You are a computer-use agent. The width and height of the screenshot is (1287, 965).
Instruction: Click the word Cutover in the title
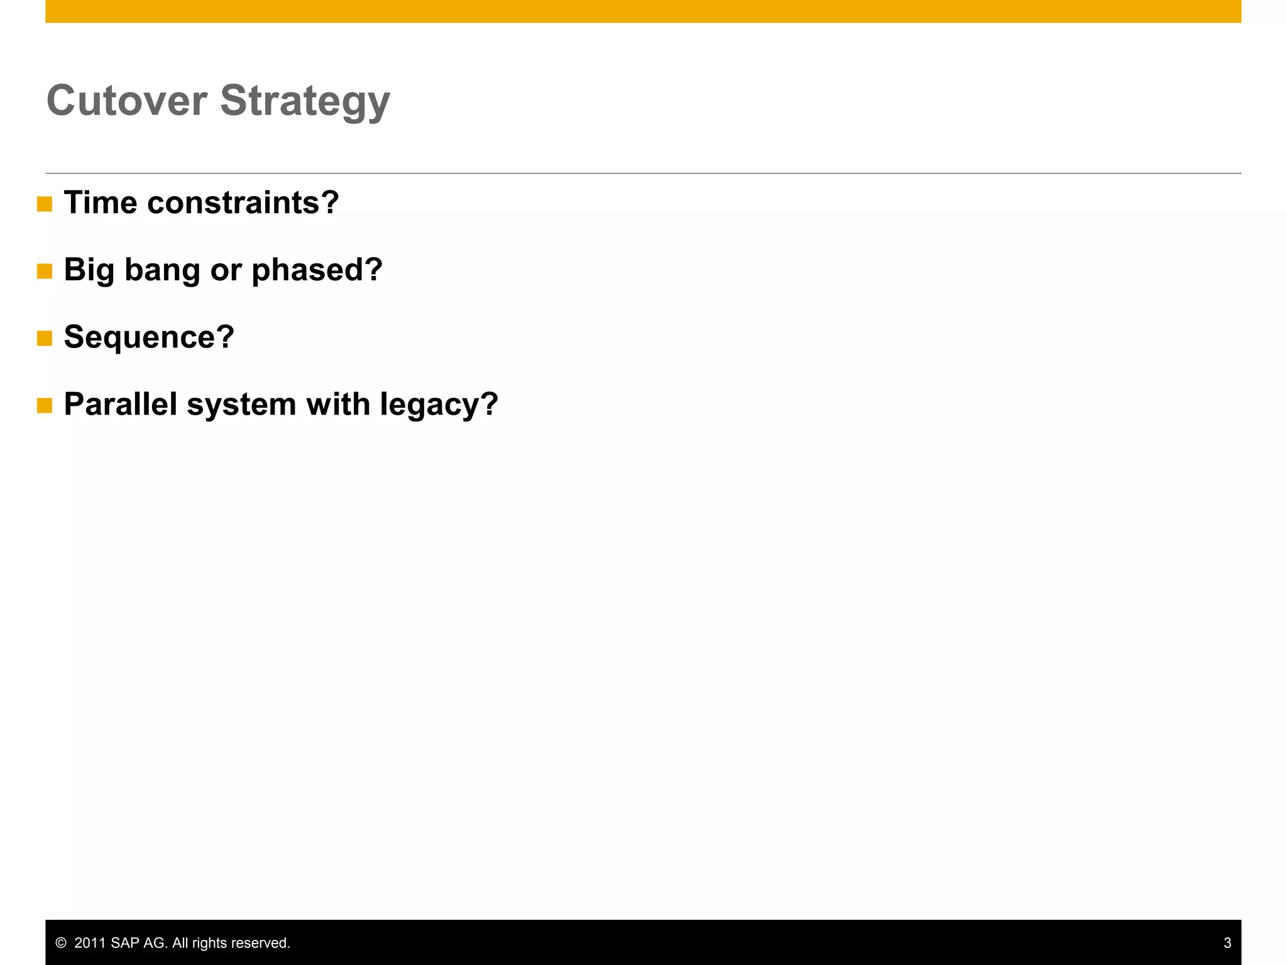pyautogui.click(x=127, y=101)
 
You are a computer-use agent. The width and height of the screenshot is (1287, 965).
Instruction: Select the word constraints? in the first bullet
pyautogui.click(x=243, y=203)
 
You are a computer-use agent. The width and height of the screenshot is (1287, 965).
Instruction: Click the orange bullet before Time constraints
pyautogui.click(x=45, y=204)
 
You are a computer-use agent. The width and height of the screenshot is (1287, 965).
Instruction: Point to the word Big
pyautogui.click(x=89, y=271)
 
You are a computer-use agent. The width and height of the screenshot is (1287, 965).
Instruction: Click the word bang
pyautogui.click(x=162, y=271)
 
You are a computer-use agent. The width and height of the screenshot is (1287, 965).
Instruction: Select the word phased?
pyautogui.click(x=317, y=271)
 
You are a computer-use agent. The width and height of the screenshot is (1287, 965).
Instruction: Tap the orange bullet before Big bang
pyautogui.click(x=45, y=271)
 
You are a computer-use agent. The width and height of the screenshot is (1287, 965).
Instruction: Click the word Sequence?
pyautogui.click(x=149, y=337)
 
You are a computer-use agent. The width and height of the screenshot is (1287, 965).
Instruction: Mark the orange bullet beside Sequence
pyautogui.click(x=45, y=339)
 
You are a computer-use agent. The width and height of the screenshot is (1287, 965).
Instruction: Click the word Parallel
pyautogui.click(x=121, y=404)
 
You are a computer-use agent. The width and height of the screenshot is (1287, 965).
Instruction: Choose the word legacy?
pyautogui.click(x=439, y=405)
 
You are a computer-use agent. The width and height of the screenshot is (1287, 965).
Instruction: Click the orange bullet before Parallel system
pyautogui.click(x=45, y=406)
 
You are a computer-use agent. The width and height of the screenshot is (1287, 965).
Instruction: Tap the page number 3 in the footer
pyautogui.click(x=1227, y=943)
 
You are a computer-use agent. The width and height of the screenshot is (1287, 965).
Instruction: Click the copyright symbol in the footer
pyautogui.click(x=61, y=943)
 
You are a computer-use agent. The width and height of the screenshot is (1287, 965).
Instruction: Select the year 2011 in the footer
pyautogui.click(x=90, y=943)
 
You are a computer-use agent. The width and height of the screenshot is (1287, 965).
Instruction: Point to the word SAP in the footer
pyautogui.click(x=125, y=943)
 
